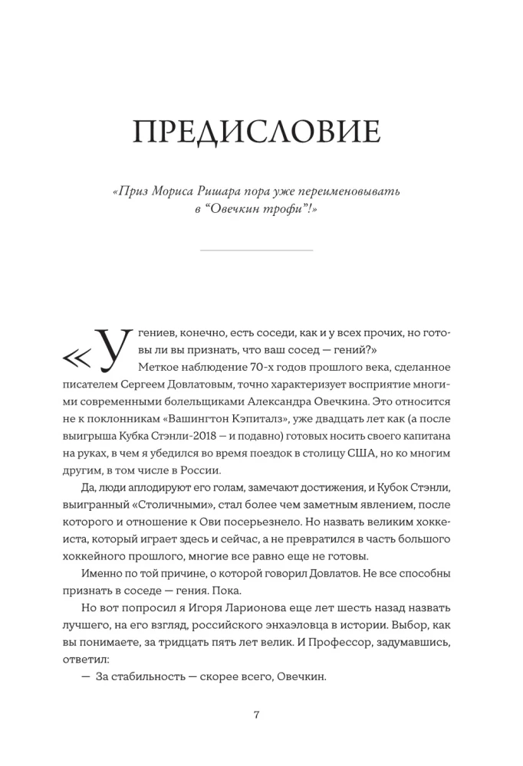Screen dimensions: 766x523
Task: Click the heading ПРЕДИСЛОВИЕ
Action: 256,133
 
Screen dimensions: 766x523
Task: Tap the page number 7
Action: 257,715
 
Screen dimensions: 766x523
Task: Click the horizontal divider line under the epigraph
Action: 256,250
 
